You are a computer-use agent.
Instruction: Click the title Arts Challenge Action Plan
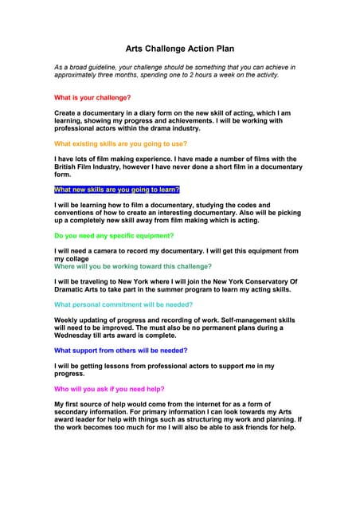180,48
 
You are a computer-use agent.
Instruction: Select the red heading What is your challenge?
92,97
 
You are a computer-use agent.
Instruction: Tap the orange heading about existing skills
120,143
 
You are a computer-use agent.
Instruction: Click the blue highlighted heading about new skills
116,190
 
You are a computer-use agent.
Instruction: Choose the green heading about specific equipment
114,236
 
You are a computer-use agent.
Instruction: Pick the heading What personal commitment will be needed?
123,304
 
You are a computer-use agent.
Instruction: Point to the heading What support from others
120,350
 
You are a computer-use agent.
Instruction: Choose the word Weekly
67,320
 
